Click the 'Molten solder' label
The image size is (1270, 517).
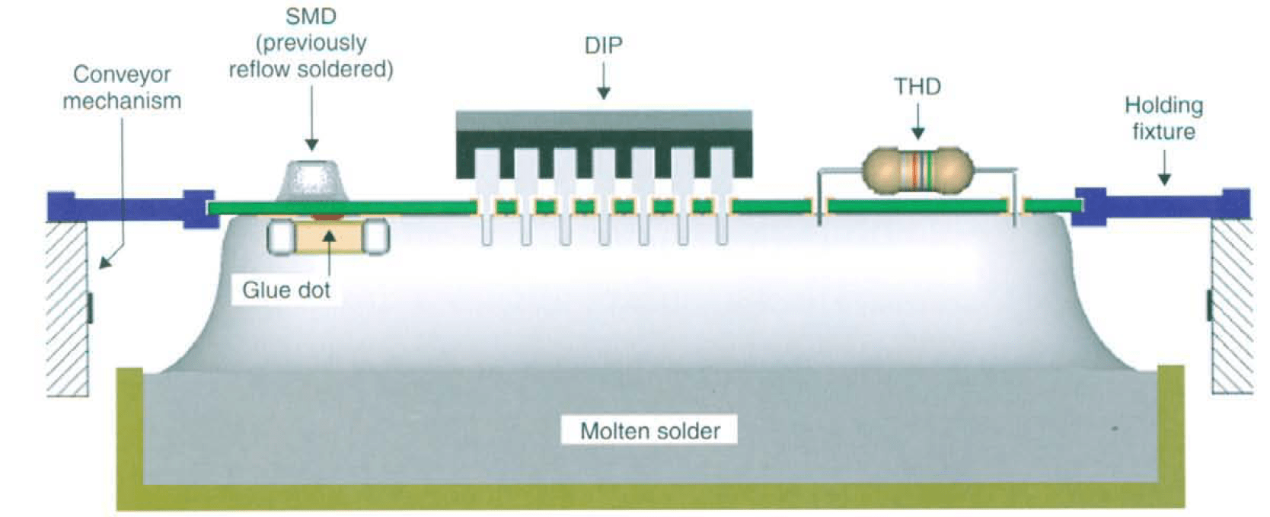[649, 431]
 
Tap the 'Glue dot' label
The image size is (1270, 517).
[286, 290]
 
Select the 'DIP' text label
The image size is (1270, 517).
[603, 46]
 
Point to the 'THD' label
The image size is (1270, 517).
[917, 87]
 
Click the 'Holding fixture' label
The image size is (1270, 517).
[1163, 118]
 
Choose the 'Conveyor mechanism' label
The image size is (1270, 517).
[122, 88]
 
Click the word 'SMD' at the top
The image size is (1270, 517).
[311, 16]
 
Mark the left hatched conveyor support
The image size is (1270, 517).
[68, 308]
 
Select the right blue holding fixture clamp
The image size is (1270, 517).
[1161, 205]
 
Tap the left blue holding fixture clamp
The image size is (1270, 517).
[129, 206]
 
